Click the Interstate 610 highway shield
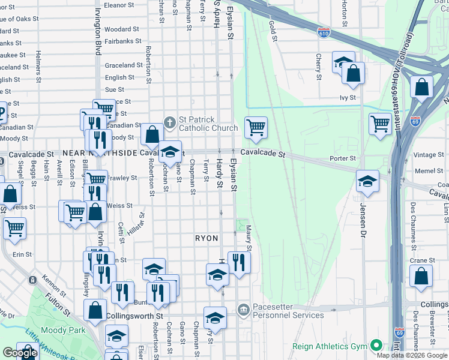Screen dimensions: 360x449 [324, 32]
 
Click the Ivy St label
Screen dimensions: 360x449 [348, 97]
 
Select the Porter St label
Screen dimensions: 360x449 [343, 158]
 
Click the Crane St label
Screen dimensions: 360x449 [423, 260]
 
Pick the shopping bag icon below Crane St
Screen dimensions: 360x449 [421, 276]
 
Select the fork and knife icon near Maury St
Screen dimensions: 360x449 [239, 262]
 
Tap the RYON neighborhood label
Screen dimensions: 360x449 [206, 238]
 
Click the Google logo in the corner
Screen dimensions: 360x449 [20, 353]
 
